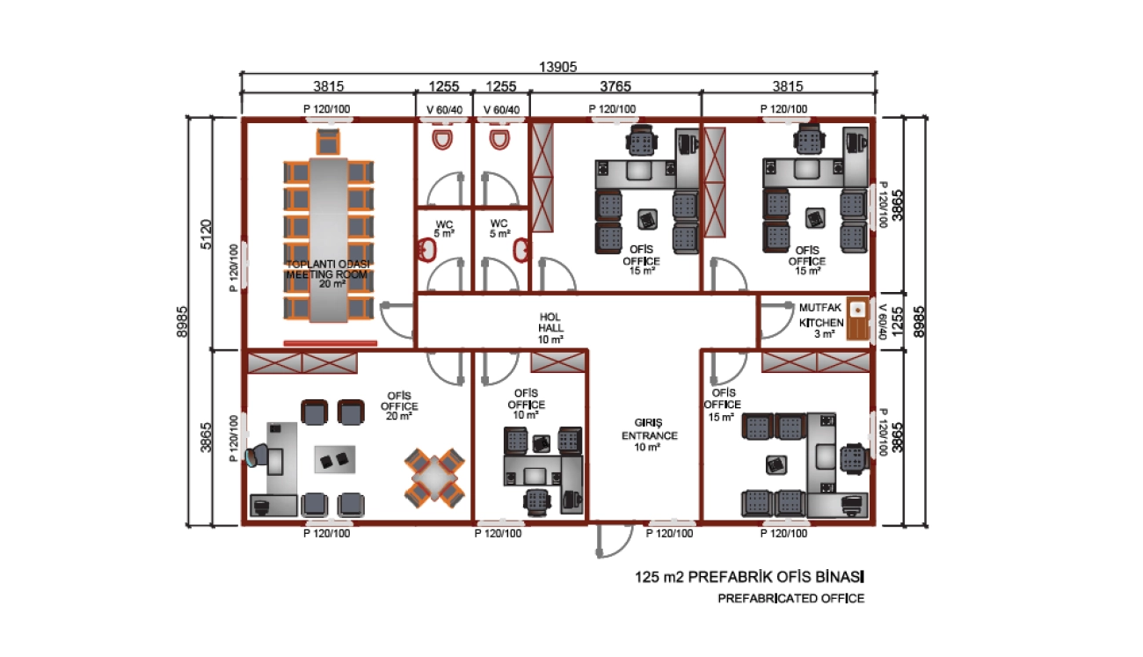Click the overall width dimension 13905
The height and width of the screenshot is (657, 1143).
tap(560, 67)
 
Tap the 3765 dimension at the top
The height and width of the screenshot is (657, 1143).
tap(615, 86)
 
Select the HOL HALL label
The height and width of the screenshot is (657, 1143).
tap(550, 327)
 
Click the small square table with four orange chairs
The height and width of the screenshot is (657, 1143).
tap(434, 479)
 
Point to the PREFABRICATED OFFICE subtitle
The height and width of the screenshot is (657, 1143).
tap(790, 599)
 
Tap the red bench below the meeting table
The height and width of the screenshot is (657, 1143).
tap(330, 343)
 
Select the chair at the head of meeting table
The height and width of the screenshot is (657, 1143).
tap(329, 140)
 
